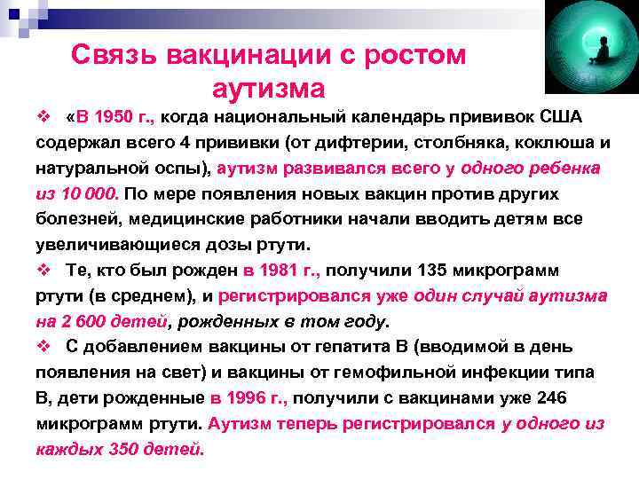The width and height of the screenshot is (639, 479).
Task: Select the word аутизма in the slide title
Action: [269, 89]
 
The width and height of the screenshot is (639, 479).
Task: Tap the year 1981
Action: [269, 270]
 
